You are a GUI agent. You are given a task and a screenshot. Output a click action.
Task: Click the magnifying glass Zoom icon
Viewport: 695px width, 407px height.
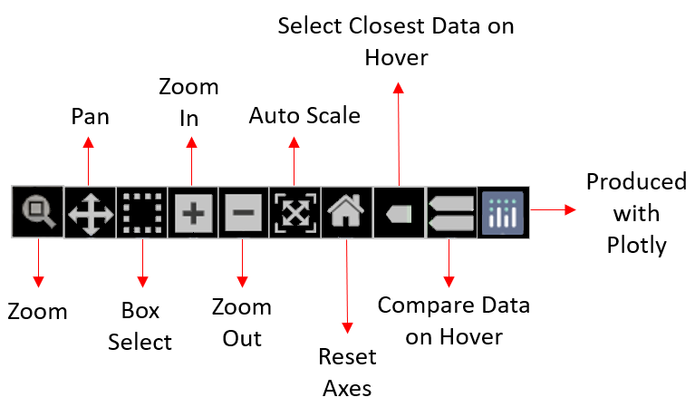(x=38, y=212)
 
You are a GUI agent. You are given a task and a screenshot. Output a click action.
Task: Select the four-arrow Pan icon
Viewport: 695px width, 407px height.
(x=90, y=213)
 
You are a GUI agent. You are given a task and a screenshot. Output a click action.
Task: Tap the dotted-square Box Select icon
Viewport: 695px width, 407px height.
(x=141, y=213)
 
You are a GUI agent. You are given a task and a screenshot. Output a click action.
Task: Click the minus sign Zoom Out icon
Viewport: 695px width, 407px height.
(x=244, y=213)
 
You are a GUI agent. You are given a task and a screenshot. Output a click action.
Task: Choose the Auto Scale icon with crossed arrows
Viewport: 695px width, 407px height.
(x=294, y=213)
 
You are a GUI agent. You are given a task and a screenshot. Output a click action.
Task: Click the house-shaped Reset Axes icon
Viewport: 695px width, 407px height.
(x=346, y=213)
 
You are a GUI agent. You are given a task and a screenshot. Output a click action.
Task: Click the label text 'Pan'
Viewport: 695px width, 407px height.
(x=89, y=117)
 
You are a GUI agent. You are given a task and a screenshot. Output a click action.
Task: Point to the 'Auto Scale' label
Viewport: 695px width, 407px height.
(x=304, y=116)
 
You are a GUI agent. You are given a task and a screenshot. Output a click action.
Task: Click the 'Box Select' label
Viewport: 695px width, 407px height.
(x=140, y=326)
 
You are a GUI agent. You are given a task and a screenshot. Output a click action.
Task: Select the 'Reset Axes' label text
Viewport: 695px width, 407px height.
(x=347, y=373)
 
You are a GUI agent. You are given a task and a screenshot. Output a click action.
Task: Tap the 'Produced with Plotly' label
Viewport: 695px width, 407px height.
(x=636, y=214)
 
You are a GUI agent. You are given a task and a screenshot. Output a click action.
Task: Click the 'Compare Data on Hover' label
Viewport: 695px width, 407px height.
(x=453, y=321)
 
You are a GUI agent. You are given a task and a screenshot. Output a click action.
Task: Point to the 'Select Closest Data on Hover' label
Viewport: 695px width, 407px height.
(x=396, y=42)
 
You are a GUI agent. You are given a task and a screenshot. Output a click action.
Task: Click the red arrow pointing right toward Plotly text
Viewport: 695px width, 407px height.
(x=554, y=209)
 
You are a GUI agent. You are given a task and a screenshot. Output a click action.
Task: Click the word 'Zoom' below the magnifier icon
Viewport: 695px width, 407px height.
(x=38, y=312)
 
